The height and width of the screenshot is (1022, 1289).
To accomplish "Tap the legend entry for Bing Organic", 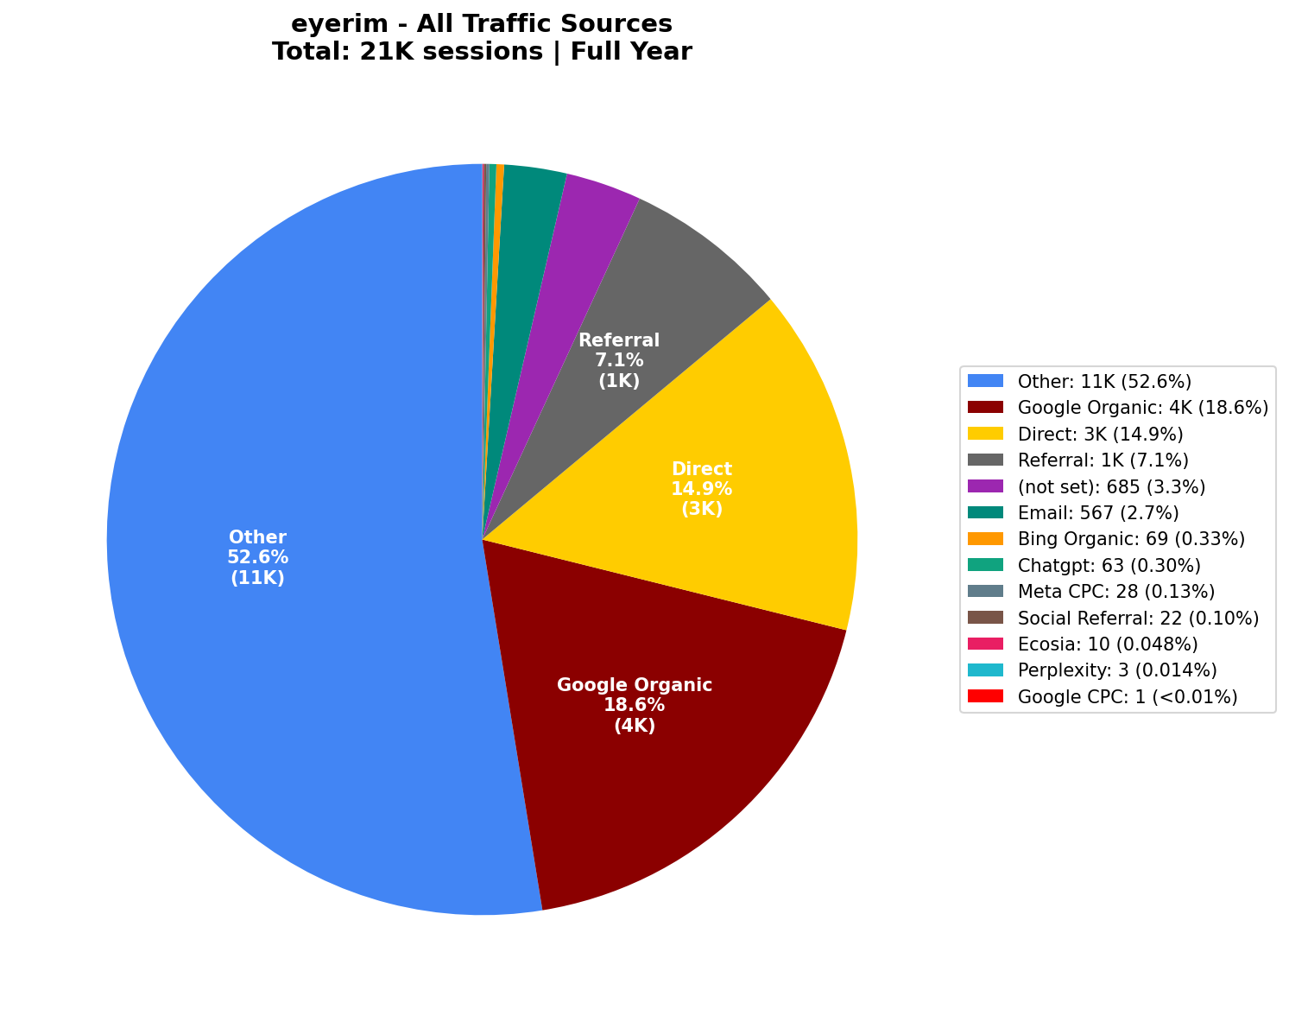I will (1131, 539).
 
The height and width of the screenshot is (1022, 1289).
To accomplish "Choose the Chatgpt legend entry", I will (1109, 565).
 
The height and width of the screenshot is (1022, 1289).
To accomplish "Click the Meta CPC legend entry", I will (1115, 591).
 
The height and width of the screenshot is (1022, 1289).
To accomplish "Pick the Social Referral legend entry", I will (1138, 618).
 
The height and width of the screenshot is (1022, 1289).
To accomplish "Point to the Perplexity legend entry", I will (1117, 670).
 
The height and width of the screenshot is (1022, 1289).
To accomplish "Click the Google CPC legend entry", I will (1128, 696).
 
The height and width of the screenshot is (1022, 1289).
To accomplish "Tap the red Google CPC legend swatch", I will (985, 695).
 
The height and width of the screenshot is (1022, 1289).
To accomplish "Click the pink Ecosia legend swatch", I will (985, 644).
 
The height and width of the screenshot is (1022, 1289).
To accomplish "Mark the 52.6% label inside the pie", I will (257, 557).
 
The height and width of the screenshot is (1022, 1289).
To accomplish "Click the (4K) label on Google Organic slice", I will (635, 726).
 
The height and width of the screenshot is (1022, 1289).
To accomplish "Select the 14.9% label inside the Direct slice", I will (701, 489).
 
